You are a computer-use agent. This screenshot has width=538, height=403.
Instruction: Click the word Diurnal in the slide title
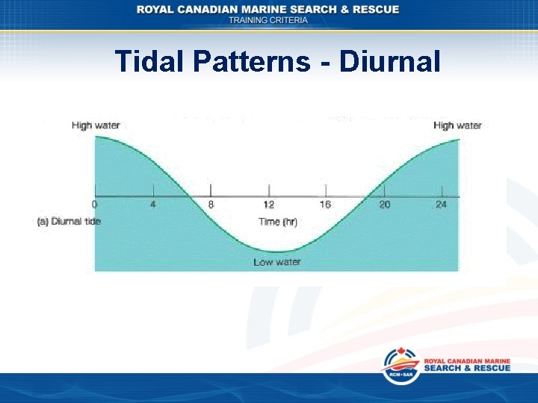[x=389, y=61]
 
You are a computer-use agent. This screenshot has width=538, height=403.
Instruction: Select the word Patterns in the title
[x=250, y=61]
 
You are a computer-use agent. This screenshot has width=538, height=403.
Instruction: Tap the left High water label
[x=96, y=125]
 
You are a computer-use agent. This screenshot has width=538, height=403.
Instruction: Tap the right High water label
[x=457, y=125]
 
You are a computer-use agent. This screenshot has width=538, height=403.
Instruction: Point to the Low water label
[x=276, y=262]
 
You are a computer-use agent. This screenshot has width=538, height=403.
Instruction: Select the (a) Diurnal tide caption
[x=69, y=221]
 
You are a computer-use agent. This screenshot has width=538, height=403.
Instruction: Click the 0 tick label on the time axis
[x=94, y=204]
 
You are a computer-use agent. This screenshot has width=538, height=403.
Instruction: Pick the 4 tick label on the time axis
[x=153, y=204]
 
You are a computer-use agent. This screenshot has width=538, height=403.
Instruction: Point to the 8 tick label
[x=211, y=204]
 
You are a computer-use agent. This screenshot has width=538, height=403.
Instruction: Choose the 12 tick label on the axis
[x=269, y=204]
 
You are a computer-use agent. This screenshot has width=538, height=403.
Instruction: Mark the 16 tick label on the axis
[x=326, y=204]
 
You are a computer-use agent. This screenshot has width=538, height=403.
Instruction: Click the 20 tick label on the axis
[x=384, y=204]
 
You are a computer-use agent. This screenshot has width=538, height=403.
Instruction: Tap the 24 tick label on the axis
[x=441, y=204]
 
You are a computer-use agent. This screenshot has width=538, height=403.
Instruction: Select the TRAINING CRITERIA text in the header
[x=268, y=20]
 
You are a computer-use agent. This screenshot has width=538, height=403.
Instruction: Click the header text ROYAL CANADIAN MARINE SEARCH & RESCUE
[x=268, y=9]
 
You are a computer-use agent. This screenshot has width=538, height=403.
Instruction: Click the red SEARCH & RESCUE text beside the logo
[x=467, y=368]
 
